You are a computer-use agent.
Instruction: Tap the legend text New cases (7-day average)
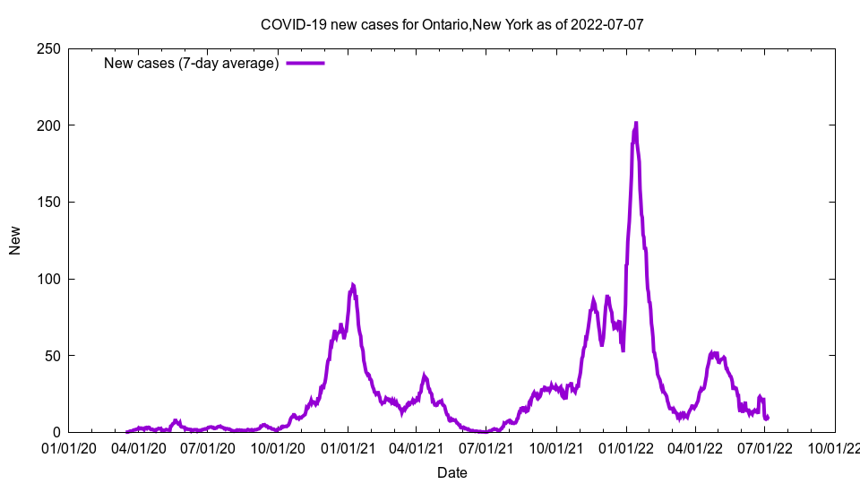click(x=192, y=63)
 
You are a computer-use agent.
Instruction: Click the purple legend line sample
click(x=305, y=63)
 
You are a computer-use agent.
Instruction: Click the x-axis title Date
click(x=451, y=471)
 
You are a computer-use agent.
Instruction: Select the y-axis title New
click(x=15, y=240)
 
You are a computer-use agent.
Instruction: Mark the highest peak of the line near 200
click(x=635, y=124)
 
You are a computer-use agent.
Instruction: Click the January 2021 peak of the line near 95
click(x=353, y=286)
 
